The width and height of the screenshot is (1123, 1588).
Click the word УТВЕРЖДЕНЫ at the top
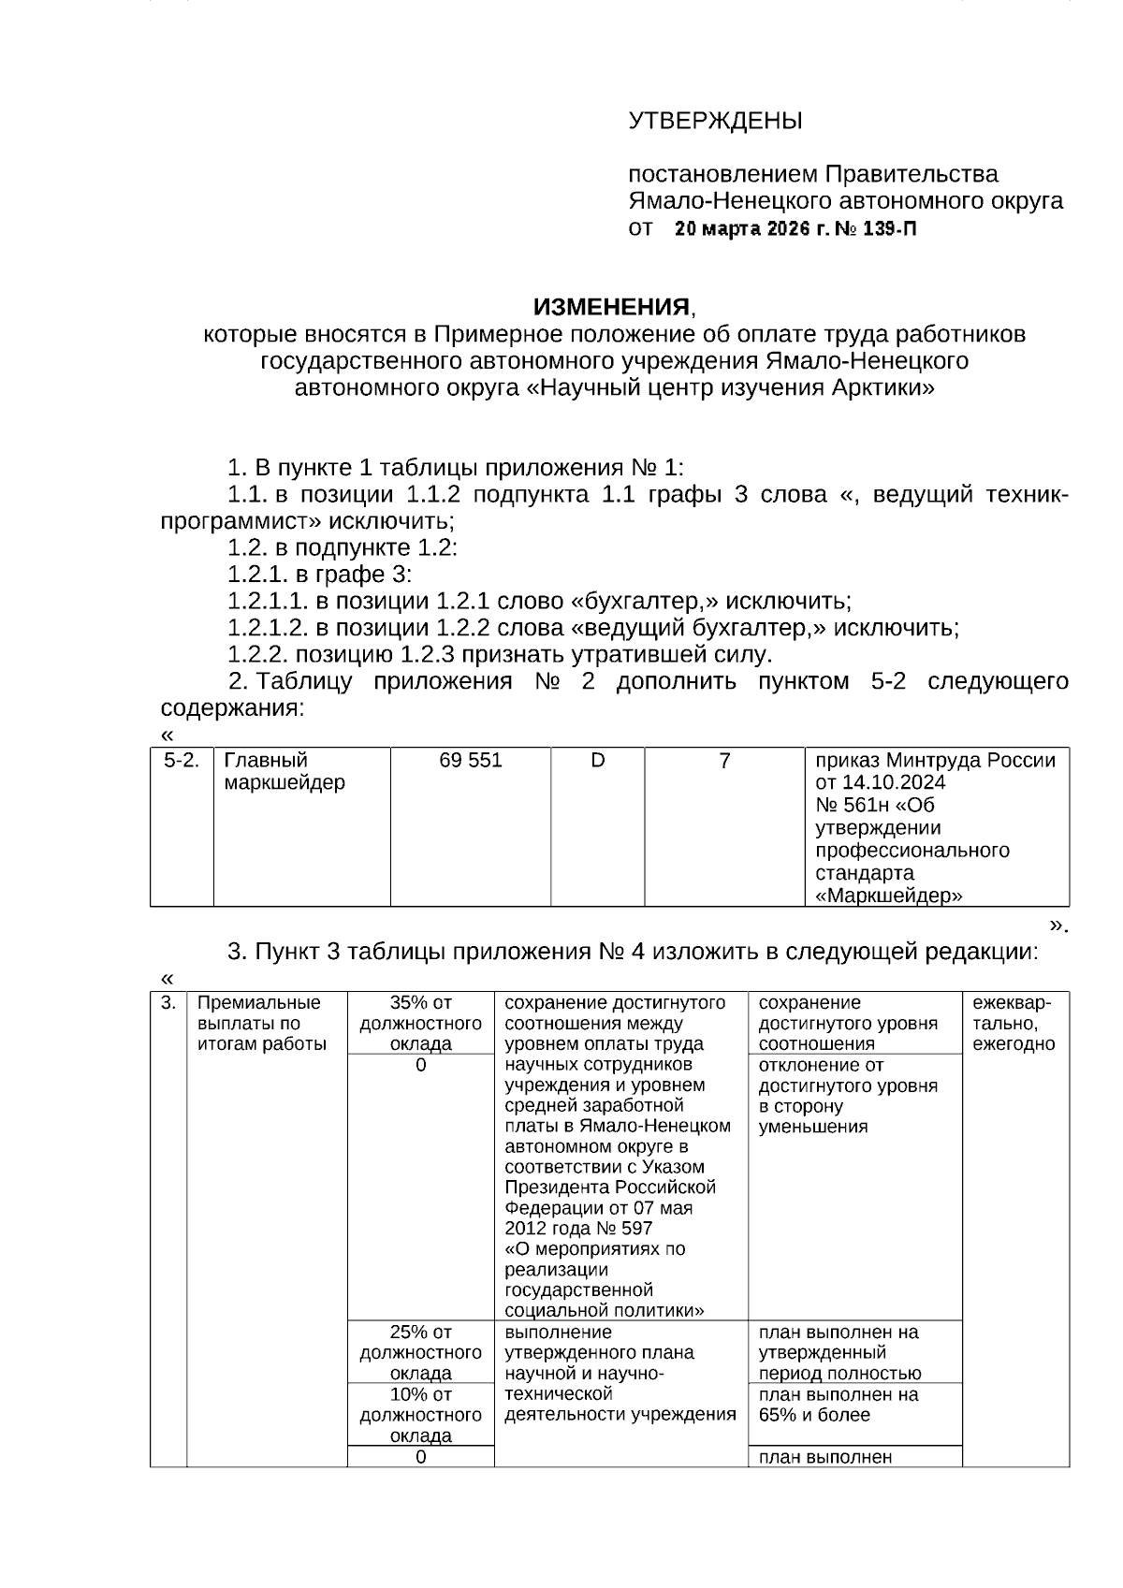click(x=715, y=122)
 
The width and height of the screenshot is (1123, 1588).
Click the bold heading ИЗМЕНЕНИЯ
click(x=611, y=307)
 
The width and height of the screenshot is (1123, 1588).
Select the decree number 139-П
click(x=887, y=229)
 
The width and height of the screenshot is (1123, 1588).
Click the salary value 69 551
click(x=471, y=761)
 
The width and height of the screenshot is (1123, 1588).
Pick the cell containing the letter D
click(x=597, y=761)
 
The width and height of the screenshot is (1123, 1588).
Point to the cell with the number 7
click(x=724, y=761)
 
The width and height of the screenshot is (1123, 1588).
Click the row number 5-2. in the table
click(x=182, y=761)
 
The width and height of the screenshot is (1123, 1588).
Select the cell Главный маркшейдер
click(x=284, y=772)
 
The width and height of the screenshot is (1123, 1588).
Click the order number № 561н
click(x=862, y=805)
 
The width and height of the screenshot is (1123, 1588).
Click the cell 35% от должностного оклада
click(x=420, y=1024)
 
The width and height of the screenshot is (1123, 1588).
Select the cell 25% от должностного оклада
click(x=420, y=1352)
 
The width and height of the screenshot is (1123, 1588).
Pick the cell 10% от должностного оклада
click(x=420, y=1415)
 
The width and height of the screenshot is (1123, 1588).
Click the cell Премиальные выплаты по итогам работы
click(x=262, y=1024)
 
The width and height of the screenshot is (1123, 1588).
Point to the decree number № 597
click(x=622, y=1229)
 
